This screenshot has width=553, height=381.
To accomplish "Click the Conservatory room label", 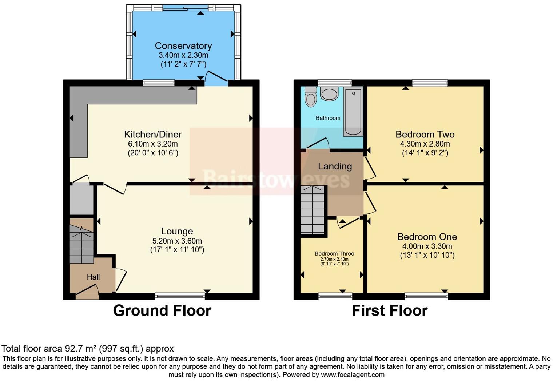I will (183, 46).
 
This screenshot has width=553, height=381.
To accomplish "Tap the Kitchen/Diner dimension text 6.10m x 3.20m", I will (153, 144).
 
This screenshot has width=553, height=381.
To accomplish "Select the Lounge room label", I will (177, 231).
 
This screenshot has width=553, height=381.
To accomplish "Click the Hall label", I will (93, 277).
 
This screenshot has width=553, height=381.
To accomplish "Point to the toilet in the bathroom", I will (311, 97).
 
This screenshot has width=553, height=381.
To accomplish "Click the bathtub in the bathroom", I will (353, 111).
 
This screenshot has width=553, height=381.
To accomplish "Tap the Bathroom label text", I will (328, 118).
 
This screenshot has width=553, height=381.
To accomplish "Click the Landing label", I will (335, 166).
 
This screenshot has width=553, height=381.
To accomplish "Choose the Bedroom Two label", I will (425, 134).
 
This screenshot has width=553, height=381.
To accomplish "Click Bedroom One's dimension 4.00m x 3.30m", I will (427, 246).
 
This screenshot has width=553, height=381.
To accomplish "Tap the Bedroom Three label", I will (334, 253).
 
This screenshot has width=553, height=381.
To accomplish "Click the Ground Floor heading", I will (162, 311).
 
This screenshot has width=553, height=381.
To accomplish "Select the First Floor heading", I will (389, 311).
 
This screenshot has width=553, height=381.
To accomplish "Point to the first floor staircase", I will (312, 210).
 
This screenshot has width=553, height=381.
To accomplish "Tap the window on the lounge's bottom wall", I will (180, 296).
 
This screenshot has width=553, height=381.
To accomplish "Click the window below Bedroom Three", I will (335, 296).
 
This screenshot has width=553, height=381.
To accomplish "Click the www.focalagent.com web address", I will (352, 374).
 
